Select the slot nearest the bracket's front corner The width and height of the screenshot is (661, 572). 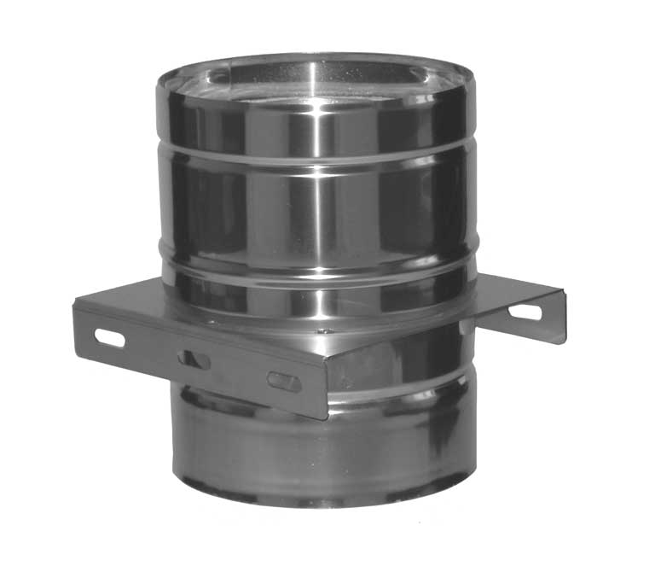[284, 382]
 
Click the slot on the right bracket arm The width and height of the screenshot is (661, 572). [525, 312]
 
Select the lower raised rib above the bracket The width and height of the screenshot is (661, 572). [316, 266]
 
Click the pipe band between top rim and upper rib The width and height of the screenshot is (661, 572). [256, 128]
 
